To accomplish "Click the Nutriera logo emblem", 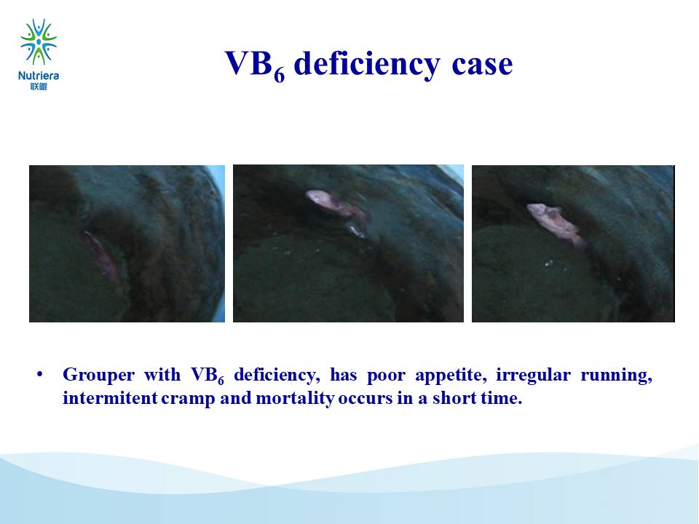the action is pyautogui.click(x=39, y=41).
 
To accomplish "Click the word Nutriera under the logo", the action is pyautogui.click(x=39, y=76).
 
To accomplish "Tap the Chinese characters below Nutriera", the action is pyautogui.click(x=39, y=87).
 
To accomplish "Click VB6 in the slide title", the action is pyautogui.click(x=255, y=65).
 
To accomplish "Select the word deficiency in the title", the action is pyautogui.click(x=367, y=64).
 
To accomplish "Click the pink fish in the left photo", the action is pyautogui.click(x=100, y=255).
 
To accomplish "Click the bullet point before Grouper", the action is pyautogui.click(x=40, y=375).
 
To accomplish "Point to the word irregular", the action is pyautogui.click(x=533, y=375).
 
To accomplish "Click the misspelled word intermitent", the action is pyautogui.click(x=110, y=398).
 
